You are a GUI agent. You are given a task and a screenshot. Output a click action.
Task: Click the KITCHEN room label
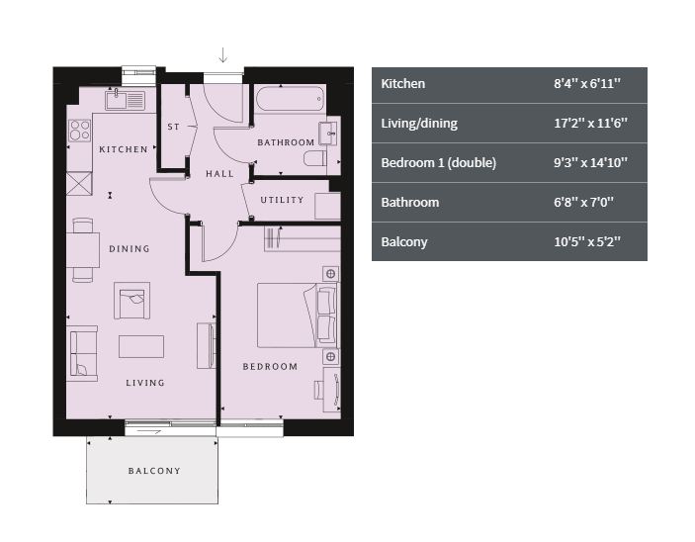(x=124, y=149)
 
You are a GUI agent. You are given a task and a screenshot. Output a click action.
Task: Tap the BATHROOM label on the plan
(x=286, y=142)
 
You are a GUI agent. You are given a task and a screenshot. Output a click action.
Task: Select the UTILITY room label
(x=282, y=200)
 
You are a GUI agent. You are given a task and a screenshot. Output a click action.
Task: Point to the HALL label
(x=219, y=174)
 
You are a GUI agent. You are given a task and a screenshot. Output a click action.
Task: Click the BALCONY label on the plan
(x=154, y=471)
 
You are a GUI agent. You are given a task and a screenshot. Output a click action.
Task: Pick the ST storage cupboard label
(x=174, y=127)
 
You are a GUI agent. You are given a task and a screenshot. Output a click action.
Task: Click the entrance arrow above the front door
(x=223, y=55)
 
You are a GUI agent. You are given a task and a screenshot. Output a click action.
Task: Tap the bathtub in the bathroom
(x=291, y=98)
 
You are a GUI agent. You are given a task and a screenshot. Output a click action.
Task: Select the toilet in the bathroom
(x=315, y=158)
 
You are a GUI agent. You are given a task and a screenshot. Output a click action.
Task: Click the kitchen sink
(x=125, y=100)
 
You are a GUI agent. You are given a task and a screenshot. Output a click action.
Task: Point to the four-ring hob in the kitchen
(x=80, y=131)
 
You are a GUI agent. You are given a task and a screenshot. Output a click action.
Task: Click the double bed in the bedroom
(x=297, y=315)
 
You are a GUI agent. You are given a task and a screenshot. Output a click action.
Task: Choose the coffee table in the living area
(x=141, y=346)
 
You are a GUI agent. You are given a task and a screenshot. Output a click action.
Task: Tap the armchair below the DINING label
(x=131, y=301)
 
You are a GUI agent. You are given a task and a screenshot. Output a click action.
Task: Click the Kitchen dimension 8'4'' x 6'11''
(x=587, y=83)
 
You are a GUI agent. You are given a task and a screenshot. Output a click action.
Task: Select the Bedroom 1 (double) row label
(x=438, y=163)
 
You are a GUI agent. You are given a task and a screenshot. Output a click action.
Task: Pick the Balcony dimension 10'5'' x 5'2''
(x=587, y=241)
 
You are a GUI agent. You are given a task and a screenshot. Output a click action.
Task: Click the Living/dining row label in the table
(x=419, y=124)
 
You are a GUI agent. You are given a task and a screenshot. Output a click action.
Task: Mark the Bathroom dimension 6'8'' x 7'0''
(x=583, y=202)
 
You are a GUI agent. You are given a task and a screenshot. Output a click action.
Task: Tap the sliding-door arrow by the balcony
(x=148, y=430)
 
